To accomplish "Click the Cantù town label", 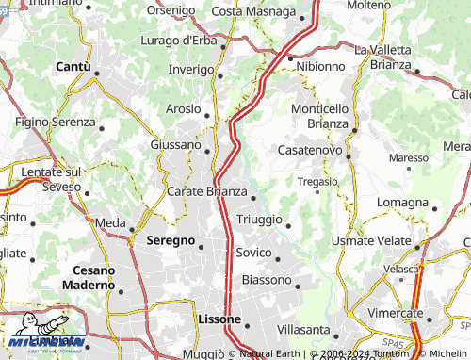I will (x=73, y=67).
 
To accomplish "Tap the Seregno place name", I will (x=170, y=240).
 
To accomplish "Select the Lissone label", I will (x=219, y=319).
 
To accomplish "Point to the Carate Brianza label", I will (x=206, y=191).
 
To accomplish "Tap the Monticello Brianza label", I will (x=319, y=116).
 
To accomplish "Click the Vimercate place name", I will (x=395, y=312).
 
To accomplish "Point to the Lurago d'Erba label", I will (x=178, y=40).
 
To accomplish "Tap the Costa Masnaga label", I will (x=252, y=10).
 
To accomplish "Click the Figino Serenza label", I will (x=55, y=123).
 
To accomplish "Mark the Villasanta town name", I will (x=304, y=330).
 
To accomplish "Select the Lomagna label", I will (x=401, y=202).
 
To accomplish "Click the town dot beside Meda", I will (x=132, y=229).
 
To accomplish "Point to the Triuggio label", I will (x=259, y=219).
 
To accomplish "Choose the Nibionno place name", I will (x=320, y=67).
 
